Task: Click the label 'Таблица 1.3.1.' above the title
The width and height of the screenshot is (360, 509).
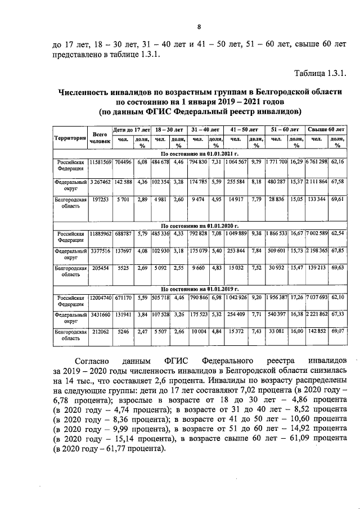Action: point(319,73)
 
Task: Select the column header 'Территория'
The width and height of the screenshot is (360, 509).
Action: point(70,138)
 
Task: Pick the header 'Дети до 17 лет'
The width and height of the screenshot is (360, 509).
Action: point(132,129)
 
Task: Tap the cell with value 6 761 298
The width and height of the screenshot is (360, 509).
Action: point(317,162)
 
